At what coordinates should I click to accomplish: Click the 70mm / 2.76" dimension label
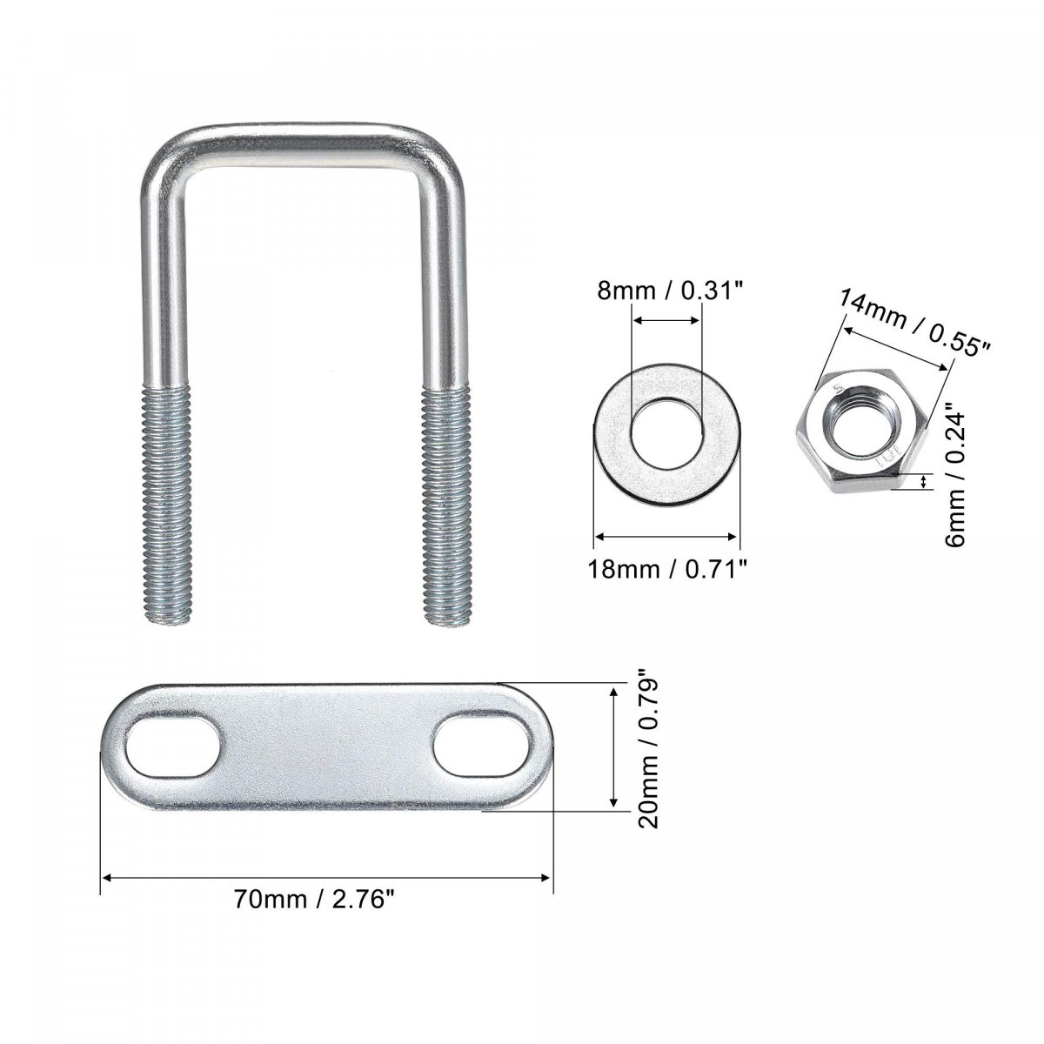[313, 900]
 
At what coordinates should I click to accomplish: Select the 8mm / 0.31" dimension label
[667, 291]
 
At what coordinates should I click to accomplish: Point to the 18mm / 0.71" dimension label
[667, 569]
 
